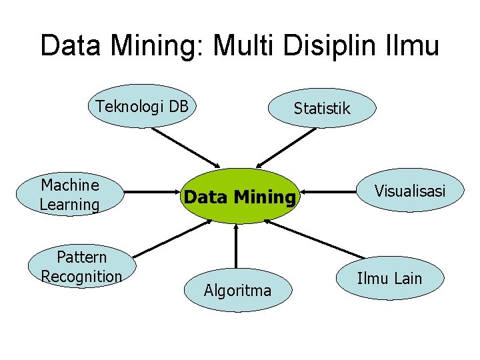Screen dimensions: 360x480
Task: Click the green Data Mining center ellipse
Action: click(x=239, y=196)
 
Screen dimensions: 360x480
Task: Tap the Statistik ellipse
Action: click(x=321, y=108)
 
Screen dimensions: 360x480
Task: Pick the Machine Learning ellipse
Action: click(x=70, y=195)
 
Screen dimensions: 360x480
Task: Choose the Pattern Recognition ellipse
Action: click(x=81, y=267)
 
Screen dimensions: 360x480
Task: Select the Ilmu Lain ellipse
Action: click(x=390, y=278)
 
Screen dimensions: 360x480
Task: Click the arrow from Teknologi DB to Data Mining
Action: click(x=185, y=147)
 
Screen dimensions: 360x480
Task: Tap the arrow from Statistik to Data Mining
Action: click(x=287, y=147)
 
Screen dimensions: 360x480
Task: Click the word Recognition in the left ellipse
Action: click(x=81, y=276)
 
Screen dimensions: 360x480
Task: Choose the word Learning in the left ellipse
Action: click(x=70, y=204)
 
